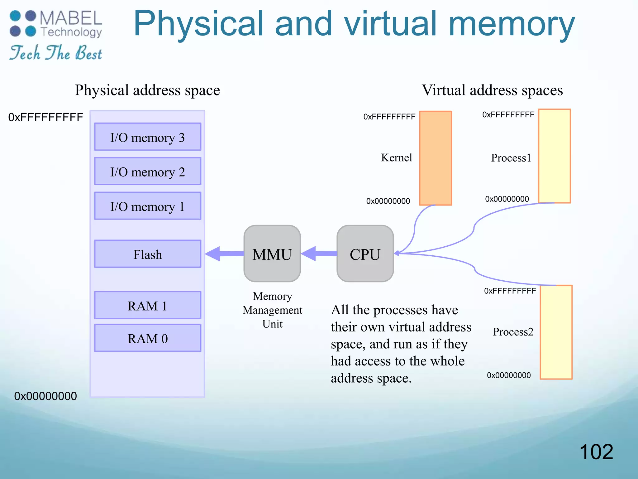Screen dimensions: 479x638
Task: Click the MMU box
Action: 272,254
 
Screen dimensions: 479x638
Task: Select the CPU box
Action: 365,254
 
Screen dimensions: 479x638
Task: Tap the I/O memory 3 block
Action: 148,137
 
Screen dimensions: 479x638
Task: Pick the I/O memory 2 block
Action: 148,172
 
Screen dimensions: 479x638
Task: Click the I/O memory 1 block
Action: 148,206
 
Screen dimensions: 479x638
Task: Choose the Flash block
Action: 148,254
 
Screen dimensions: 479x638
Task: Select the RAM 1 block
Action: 148,305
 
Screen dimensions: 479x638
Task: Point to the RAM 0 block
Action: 148,338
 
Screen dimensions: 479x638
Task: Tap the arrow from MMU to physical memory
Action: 224,254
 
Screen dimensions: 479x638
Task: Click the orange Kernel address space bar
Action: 436,158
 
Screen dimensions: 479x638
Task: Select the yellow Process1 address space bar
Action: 555,156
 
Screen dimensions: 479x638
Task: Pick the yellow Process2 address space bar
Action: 556,332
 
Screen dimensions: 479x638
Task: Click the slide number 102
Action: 596,452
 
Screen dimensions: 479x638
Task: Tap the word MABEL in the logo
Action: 71,18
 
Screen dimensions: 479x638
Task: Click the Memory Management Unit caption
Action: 272,310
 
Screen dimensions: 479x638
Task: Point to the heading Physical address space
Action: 147,90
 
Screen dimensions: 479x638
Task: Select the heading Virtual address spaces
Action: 492,90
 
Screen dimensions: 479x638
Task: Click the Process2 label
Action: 513,332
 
